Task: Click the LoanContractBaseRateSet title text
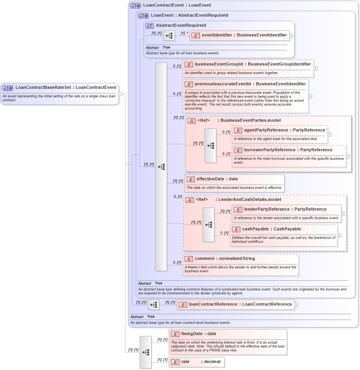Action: (66, 88)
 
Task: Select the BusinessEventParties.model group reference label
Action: (238, 121)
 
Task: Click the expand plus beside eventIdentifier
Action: (291, 35)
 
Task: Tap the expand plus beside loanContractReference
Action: (296, 304)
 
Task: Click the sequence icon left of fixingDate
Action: (146, 352)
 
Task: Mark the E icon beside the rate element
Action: (175, 362)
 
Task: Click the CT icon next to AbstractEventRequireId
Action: (150, 26)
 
